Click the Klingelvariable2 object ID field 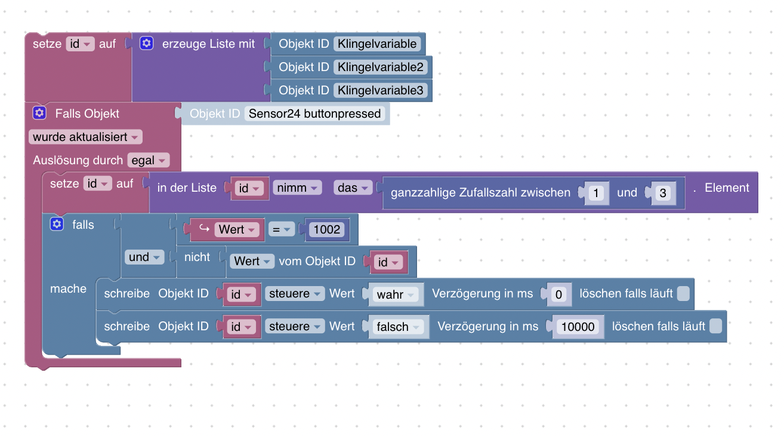click(381, 67)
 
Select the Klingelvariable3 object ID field click(381, 90)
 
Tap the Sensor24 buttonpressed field click(314, 113)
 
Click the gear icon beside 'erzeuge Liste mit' click(147, 44)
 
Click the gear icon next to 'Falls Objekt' click(39, 113)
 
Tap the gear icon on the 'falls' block click(57, 225)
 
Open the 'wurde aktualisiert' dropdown click(86, 137)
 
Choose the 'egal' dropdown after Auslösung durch click(148, 160)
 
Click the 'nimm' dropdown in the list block click(297, 188)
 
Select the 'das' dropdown click(352, 188)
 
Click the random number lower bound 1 click(596, 193)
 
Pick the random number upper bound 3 click(663, 193)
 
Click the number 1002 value click(326, 230)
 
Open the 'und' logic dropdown click(144, 257)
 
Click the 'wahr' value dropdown click(396, 294)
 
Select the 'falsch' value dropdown click(398, 327)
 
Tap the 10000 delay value click(578, 327)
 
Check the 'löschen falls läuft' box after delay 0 click(684, 293)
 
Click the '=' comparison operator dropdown click(281, 229)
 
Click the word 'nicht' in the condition click(197, 257)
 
